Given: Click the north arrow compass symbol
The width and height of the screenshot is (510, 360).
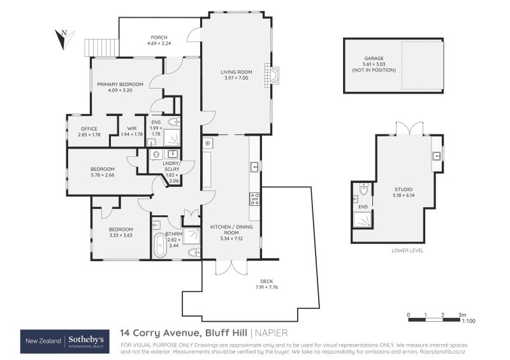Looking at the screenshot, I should point(63,39).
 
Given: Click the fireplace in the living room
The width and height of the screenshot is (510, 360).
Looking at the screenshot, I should point(273,76).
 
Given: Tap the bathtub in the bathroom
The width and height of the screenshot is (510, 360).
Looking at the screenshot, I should point(159,245).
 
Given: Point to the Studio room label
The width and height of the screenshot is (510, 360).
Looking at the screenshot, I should point(403,189).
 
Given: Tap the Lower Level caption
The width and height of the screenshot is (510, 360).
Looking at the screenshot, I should point(407,250).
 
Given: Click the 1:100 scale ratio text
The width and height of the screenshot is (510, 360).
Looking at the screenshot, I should point(469,322).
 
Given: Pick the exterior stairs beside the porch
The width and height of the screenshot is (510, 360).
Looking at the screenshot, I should point(102,47).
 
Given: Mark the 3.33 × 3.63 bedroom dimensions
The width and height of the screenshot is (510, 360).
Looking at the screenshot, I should point(120,235).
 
